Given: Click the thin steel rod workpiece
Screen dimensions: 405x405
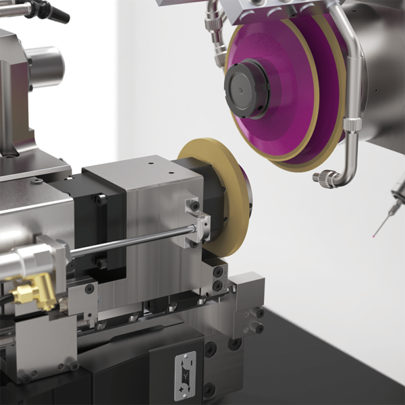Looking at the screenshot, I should point(128,244).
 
